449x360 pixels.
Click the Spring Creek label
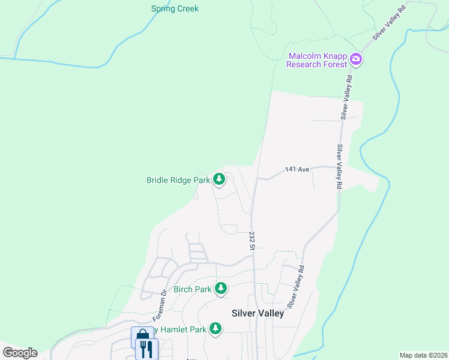175,9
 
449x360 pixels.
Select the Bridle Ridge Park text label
178,179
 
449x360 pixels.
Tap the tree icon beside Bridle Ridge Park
220,179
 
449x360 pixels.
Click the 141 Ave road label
297,170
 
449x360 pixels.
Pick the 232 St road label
252,241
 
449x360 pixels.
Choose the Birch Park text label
193,289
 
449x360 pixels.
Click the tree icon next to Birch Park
221,289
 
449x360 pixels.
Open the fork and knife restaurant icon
146,348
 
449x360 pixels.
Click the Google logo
20,353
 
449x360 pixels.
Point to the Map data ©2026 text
423,355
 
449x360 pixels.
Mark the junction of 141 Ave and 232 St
257,179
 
